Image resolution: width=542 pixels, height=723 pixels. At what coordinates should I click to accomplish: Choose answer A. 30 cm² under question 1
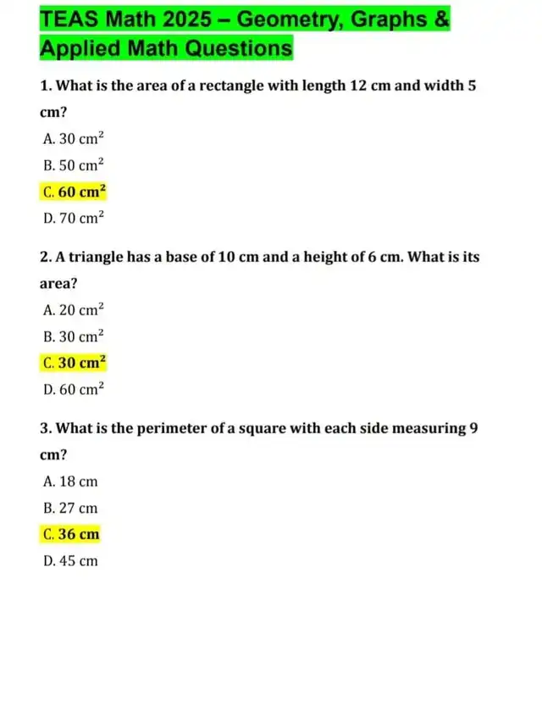tap(73, 138)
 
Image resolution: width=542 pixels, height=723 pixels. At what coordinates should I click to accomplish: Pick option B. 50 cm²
tap(73, 164)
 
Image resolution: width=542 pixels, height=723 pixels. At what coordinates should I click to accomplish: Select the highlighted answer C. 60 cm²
tap(74, 191)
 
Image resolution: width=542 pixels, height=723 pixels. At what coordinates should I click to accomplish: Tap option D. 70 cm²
tap(73, 217)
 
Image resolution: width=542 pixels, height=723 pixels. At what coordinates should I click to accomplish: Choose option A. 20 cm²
tap(73, 309)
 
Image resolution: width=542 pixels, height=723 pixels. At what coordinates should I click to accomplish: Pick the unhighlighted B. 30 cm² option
tap(73, 336)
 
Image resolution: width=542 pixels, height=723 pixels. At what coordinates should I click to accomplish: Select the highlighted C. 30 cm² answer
tap(74, 362)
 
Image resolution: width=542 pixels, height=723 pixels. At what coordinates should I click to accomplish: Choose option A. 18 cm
tap(69, 481)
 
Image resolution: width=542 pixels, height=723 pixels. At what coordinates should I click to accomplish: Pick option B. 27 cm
tap(69, 508)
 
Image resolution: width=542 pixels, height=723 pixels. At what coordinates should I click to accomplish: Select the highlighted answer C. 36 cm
tap(70, 534)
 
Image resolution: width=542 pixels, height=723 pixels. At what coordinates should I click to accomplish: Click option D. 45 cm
tap(69, 560)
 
